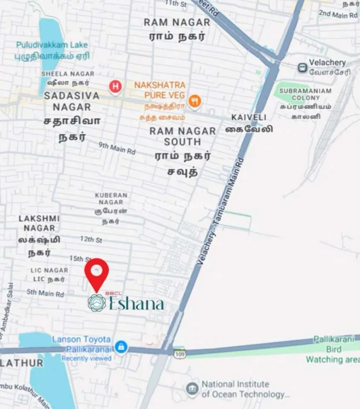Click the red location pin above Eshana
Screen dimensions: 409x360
coord(97,273)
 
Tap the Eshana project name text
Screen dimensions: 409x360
coord(136,303)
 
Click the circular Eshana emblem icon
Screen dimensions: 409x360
coord(97,303)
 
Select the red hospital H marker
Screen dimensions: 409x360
coord(115,86)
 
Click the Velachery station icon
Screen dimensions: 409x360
coord(303,68)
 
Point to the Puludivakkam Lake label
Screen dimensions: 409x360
coord(52,45)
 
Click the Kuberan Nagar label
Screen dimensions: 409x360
coord(111,195)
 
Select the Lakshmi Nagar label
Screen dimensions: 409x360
coord(39,223)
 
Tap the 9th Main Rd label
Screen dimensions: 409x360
coord(117,148)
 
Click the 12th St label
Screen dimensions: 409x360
coord(90,239)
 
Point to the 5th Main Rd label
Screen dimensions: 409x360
coord(45,293)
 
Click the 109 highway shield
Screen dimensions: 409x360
coord(180,352)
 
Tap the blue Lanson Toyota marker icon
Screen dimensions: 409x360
coord(121,347)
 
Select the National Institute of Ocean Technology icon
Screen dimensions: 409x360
coord(192,388)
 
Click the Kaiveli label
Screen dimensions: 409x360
coord(248,117)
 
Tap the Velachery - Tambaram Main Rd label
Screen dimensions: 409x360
coord(221,212)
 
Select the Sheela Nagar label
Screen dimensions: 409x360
coord(67,74)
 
